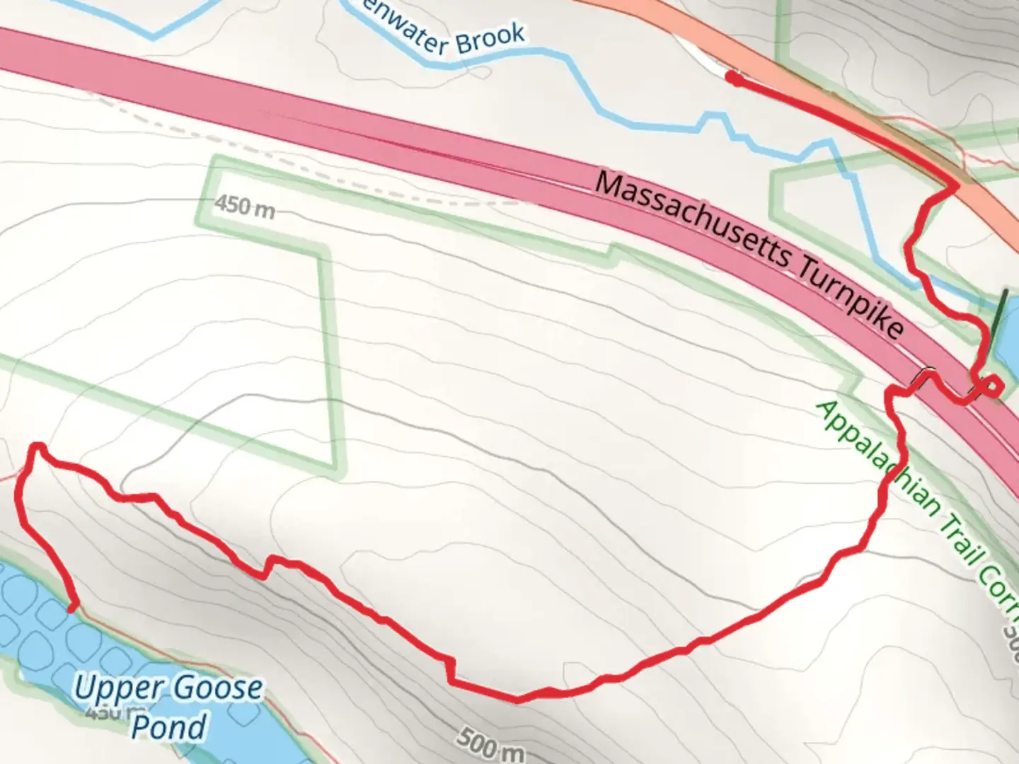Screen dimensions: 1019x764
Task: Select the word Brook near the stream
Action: (x=490, y=40)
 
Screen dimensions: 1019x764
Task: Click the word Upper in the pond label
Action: (x=117, y=688)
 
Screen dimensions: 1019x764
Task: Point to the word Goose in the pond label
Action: (x=218, y=688)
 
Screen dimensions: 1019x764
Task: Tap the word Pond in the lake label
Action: (x=169, y=727)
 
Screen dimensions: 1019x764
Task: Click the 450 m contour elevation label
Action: (x=244, y=207)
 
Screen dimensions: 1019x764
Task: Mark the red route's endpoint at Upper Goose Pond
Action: (x=72, y=607)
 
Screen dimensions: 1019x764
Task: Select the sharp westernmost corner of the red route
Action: (x=35, y=447)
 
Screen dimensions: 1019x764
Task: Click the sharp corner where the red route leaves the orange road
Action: (x=956, y=187)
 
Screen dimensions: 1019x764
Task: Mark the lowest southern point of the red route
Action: (x=517, y=700)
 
